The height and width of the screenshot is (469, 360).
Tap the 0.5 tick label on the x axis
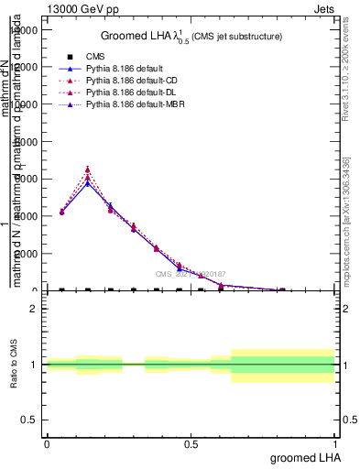(x=191, y=444)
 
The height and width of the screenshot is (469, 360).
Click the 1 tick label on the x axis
(x=334, y=444)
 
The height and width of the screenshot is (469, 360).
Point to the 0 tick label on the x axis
(x=47, y=444)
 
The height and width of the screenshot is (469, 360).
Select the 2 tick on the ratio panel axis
(x=33, y=309)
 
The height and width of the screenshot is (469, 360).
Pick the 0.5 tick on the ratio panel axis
(x=29, y=420)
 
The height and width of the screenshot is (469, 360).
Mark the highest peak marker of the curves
(x=87, y=169)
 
